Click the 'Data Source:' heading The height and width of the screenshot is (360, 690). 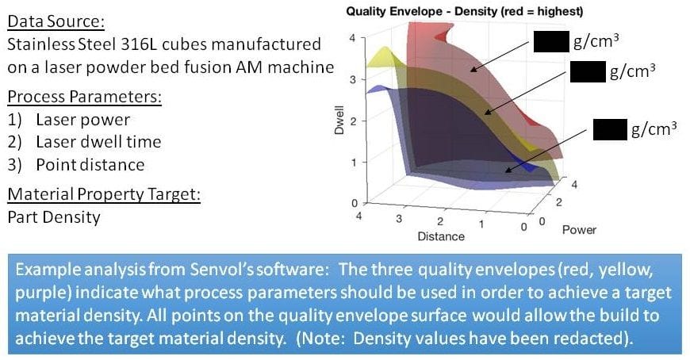(x=56, y=21)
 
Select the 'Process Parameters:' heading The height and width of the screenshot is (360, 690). (x=85, y=97)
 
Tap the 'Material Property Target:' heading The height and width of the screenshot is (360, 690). (x=104, y=194)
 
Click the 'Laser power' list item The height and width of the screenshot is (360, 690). (x=83, y=120)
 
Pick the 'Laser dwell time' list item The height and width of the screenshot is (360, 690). (x=98, y=142)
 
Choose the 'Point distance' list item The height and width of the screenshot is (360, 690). (x=90, y=165)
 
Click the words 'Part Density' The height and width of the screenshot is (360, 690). (x=54, y=217)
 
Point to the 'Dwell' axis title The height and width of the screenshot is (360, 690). (x=339, y=121)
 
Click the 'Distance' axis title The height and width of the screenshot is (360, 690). (x=441, y=236)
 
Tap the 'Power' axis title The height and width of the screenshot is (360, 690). (x=579, y=230)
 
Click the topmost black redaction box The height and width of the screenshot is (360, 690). (x=551, y=41)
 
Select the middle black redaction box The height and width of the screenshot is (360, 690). (x=588, y=71)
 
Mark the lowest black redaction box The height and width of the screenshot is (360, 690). (x=611, y=129)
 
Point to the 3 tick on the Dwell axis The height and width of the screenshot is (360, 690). (x=353, y=79)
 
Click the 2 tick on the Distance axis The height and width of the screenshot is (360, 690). (x=439, y=221)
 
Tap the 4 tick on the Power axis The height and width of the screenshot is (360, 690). (x=574, y=185)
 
